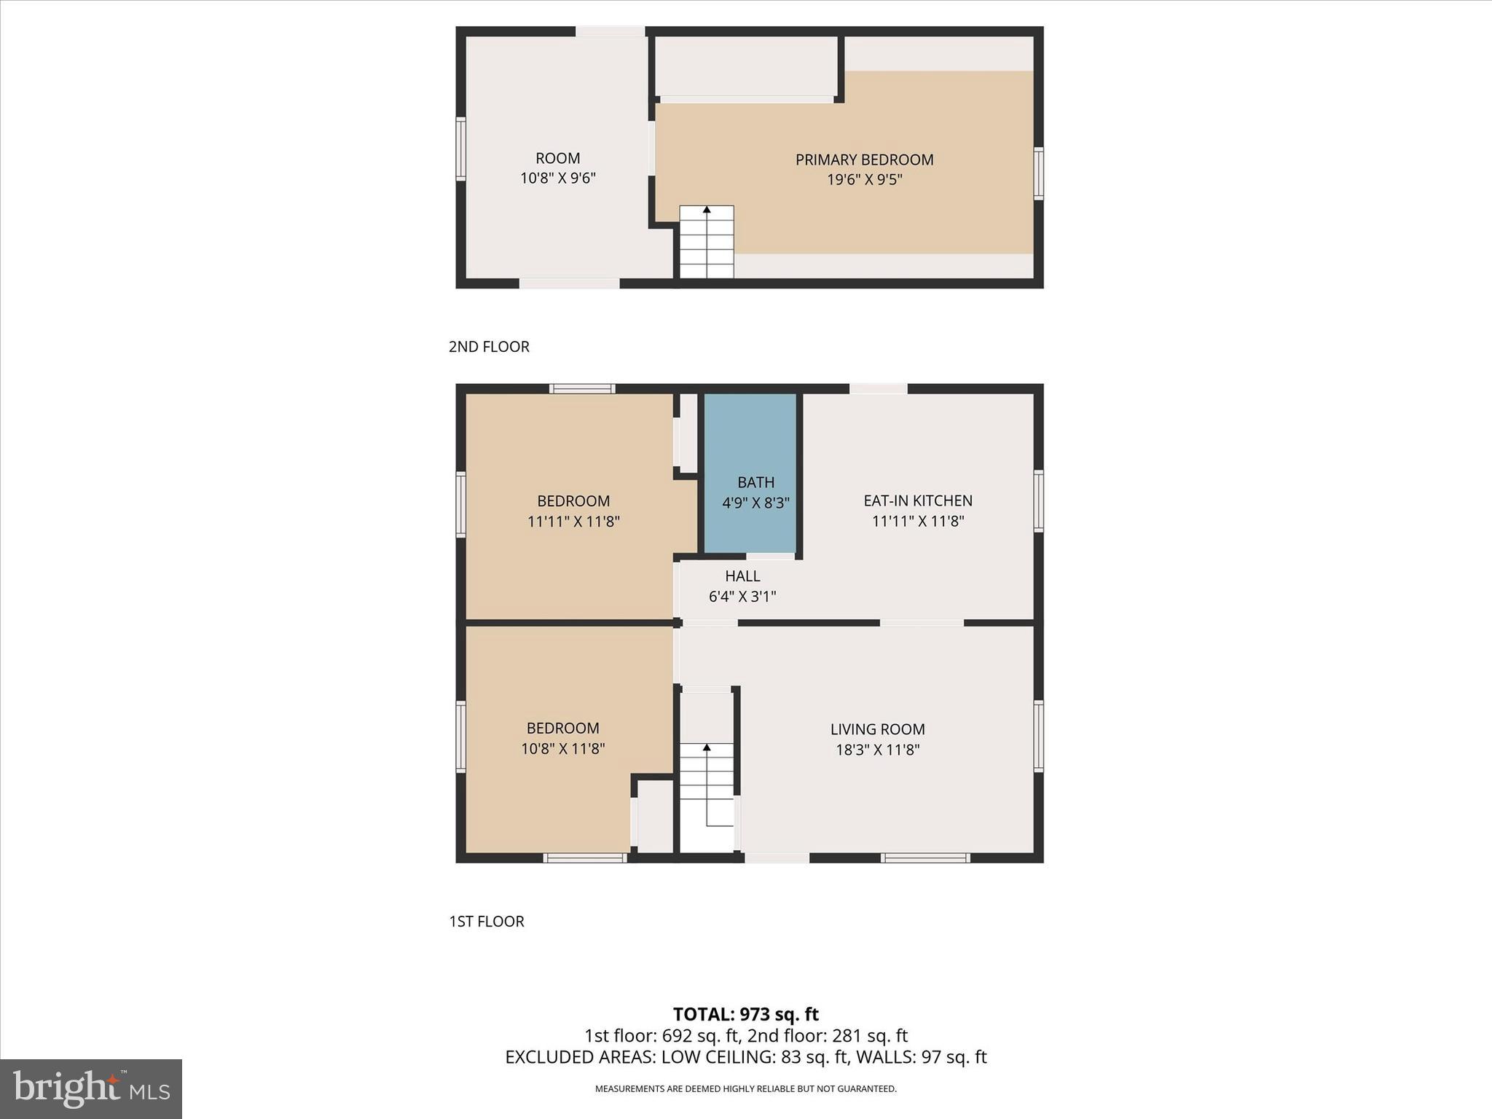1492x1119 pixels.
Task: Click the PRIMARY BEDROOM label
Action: pyautogui.click(x=864, y=160)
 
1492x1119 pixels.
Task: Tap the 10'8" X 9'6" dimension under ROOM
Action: pyautogui.click(x=558, y=178)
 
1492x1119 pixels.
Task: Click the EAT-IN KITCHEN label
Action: pyautogui.click(x=918, y=500)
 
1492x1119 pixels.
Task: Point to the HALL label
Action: pyautogui.click(x=742, y=576)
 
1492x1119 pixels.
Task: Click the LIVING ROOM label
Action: pyautogui.click(x=877, y=729)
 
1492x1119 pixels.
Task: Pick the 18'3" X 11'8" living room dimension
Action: pyautogui.click(x=877, y=750)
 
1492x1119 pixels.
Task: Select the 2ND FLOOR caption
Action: pyautogui.click(x=489, y=347)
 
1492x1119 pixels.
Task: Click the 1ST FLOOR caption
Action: pyautogui.click(x=487, y=922)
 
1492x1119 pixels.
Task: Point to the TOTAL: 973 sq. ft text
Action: pyautogui.click(x=745, y=1014)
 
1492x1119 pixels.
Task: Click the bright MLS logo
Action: pyautogui.click(x=91, y=1089)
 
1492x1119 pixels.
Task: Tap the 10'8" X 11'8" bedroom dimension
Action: pyautogui.click(x=563, y=748)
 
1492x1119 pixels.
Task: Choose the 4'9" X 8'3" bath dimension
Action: pyautogui.click(x=755, y=503)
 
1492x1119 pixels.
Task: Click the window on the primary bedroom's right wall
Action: pyautogui.click(x=1039, y=173)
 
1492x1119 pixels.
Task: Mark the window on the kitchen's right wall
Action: pyautogui.click(x=1039, y=500)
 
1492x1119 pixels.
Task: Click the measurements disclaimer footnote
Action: pyautogui.click(x=745, y=1089)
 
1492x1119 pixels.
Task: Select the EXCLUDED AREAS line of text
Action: pyautogui.click(x=745, y=1057)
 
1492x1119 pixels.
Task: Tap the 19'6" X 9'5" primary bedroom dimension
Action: pyautogui.click(x=864, y=179)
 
